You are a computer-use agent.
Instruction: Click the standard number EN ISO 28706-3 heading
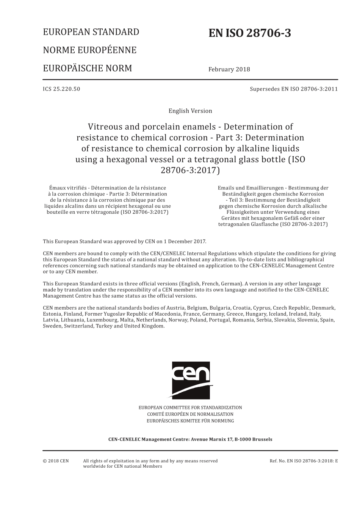point(250,34)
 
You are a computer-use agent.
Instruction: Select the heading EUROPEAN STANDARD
point(91,32)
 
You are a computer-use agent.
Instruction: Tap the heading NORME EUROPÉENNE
point(89,50)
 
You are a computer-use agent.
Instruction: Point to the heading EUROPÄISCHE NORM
point(88,69)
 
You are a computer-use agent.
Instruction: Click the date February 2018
point(229,69)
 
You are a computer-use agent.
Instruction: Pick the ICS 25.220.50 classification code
point(61,89)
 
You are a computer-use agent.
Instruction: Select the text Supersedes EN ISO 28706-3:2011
point(294,89)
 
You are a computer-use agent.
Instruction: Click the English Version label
point(190,111)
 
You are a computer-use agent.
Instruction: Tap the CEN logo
point(191,380)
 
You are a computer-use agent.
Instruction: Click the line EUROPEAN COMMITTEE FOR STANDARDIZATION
point(190,408)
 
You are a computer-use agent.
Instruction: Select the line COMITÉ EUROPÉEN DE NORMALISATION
point(190,414)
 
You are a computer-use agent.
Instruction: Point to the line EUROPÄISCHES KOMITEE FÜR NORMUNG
point(190,421)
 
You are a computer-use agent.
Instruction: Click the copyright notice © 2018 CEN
point(56,461)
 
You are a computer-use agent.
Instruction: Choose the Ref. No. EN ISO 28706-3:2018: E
point(304,461)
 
